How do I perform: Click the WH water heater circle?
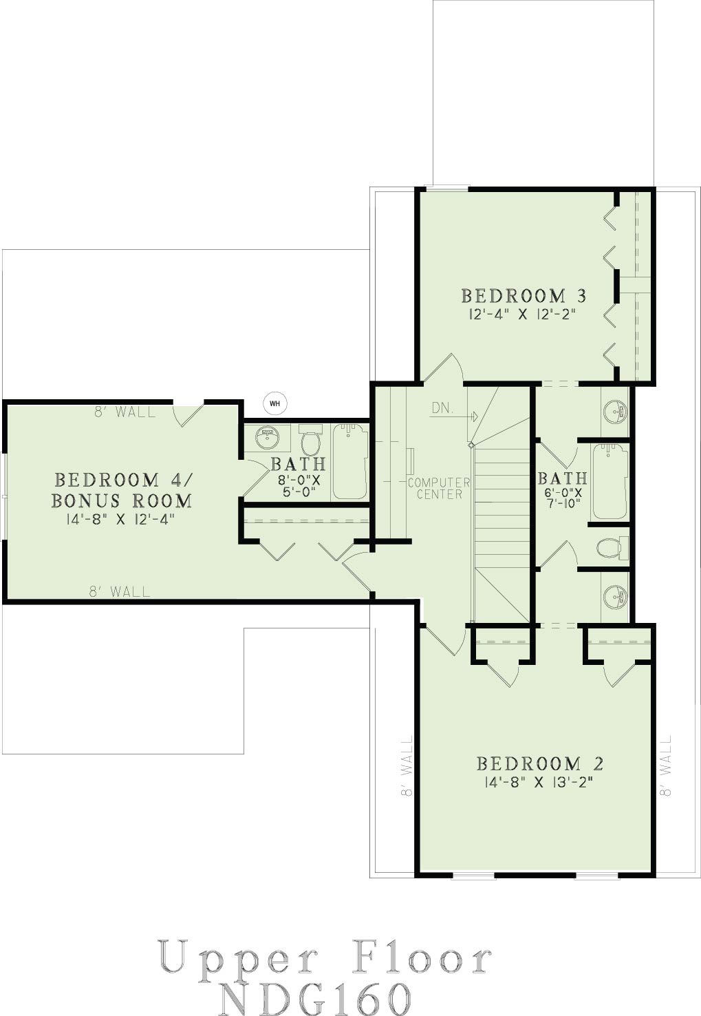coord(274,403)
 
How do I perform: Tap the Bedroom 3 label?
coord(524,296)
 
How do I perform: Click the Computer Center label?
coord(438,489)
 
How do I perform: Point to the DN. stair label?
coord(442,408)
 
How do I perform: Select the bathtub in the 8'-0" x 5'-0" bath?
coord(350,462)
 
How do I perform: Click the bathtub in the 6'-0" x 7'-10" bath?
coord(609,482)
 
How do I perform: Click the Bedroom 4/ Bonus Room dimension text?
coord(120,520)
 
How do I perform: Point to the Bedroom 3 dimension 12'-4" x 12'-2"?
coord(525,315)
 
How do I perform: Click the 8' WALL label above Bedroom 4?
coord(125,412)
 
